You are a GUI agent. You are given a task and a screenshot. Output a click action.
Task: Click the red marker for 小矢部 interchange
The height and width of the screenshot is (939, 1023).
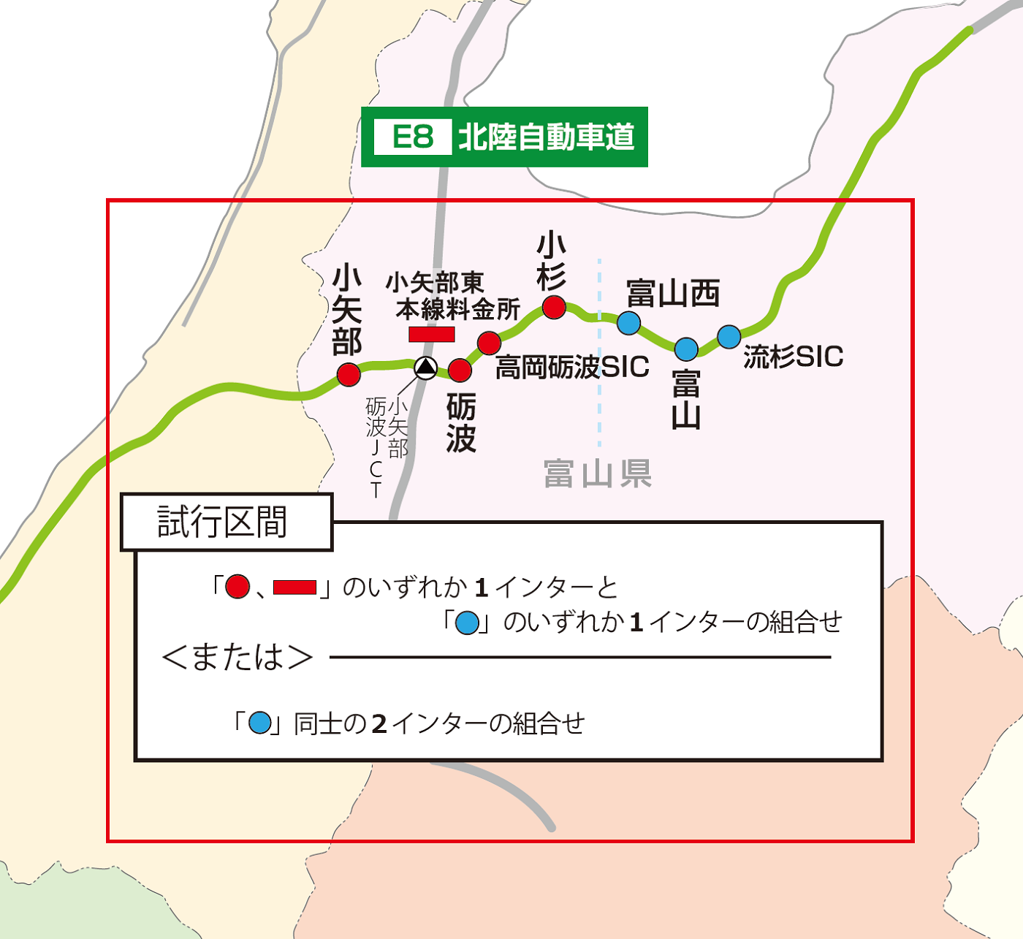click(x=349, y=375)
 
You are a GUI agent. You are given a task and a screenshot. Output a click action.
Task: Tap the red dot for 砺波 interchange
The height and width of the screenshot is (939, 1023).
click(x=460, y=370)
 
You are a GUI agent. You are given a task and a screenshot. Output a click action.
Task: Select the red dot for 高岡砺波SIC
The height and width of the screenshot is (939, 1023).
click(x=489, y=342)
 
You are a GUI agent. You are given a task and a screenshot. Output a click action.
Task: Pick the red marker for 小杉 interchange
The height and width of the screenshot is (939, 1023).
click(x=554, y=307)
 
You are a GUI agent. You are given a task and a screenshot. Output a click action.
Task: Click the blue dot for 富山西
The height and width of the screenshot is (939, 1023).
click(x=628, y=322)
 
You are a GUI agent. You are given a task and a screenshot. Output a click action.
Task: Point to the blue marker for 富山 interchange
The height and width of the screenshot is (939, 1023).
click(x=686, y=349)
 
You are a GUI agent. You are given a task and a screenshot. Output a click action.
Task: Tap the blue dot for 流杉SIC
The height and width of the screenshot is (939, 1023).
click(x=729, y=336)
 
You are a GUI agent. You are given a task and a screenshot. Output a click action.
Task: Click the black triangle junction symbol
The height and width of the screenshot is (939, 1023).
click(x=425, y=367)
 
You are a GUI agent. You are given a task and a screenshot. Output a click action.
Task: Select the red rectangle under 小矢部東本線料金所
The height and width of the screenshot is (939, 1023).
click(x=431, y=334)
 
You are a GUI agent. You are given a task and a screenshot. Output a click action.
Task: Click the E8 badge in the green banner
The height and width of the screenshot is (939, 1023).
click(x=413, y=137)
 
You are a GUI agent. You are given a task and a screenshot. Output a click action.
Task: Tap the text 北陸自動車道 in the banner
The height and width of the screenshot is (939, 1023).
click(x=546, y=137)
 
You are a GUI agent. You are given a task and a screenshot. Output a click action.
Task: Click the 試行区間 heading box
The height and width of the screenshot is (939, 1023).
click(x=226, y=522)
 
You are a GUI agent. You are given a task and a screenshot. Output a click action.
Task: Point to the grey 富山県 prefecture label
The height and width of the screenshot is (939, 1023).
click(x=597, y=474)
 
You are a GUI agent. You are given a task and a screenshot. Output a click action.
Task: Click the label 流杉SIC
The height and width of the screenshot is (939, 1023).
click(x=793, y=357)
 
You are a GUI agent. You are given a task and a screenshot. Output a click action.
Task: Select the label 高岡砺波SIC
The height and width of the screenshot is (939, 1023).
click(x=572, y=367)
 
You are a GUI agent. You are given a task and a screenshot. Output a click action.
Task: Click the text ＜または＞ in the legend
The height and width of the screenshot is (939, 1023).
click(x=237, y=656)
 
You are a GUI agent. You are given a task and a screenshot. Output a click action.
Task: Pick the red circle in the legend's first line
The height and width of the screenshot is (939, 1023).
click(x=237, y=587)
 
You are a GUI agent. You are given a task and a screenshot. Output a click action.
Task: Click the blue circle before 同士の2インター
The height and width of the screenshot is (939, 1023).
click(x=259, y=723)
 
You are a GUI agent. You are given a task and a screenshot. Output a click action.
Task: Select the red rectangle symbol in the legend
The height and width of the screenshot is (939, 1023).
click(x=294, y=587)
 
